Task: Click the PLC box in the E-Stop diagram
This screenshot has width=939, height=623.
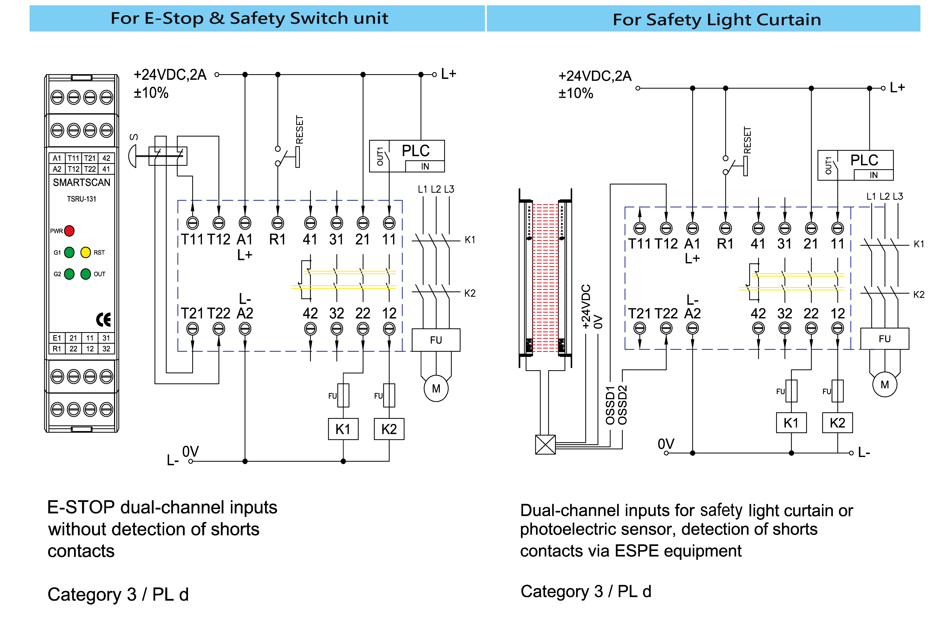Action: pyautogui.click(x=407, y=156)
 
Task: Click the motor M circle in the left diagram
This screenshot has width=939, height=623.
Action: pyautogui.click(x=436, y=389)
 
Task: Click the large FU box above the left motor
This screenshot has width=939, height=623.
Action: pyautogui.click(x=436, y=340)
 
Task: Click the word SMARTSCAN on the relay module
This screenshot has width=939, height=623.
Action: pyautogui.click(x=81, y=182)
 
